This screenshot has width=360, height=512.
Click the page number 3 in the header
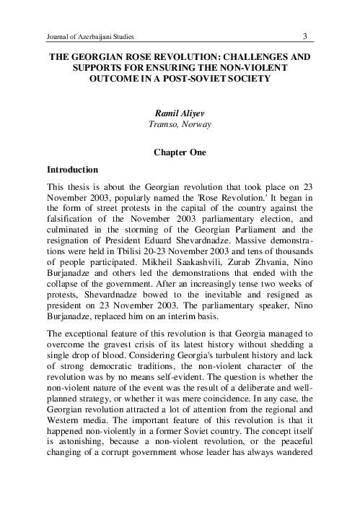point(305,36)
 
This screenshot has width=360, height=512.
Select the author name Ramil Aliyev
point(180,113)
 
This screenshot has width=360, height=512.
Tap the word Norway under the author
point(196,124)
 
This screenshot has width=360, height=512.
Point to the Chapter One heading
point(180,152)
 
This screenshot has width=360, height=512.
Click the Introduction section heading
point(72,170)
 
